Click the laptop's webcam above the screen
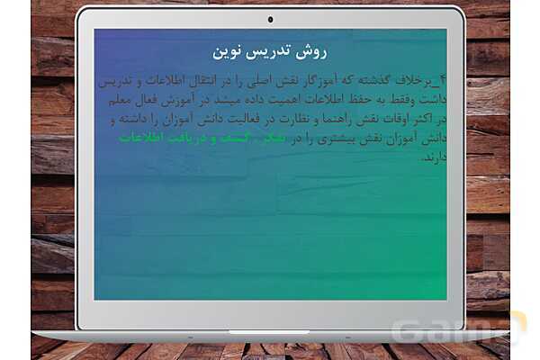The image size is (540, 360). click(x=270, y=19)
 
